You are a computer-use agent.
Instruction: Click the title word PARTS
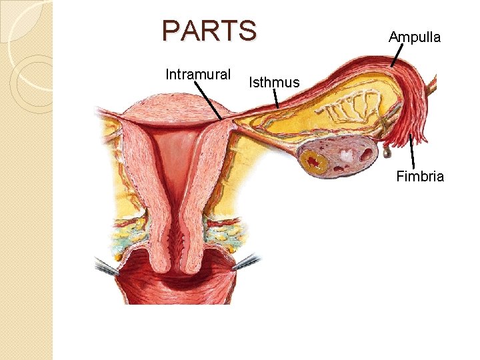point(209,31)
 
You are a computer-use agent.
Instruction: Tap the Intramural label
point(198,74)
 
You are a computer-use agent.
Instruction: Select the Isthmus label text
point(274,83)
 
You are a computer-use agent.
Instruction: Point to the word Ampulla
point(415,37)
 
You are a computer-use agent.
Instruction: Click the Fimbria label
point(420,177)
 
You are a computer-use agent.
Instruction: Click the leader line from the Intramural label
point(210,100)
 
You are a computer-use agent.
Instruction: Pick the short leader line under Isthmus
point(275,99)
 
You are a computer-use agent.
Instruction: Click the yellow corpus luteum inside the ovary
point(313,161)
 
